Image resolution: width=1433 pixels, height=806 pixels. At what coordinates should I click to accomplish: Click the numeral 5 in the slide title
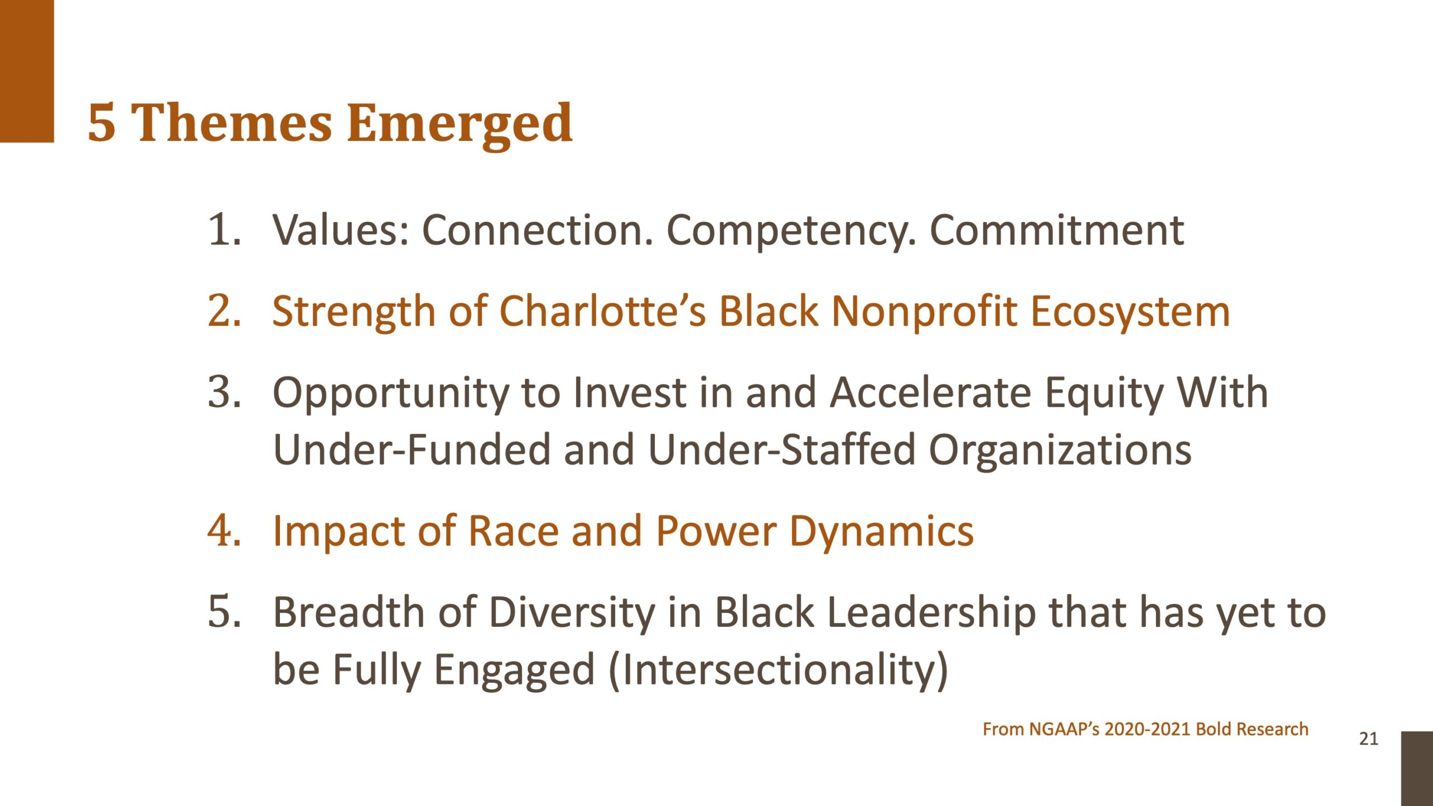(102, 123)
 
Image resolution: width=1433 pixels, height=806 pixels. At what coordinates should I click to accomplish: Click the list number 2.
(224, 311)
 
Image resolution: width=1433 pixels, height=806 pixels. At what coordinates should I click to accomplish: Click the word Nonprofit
(924, 312)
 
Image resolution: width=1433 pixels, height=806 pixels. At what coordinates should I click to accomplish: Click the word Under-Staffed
(781, 449)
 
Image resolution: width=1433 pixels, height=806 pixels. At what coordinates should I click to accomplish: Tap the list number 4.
(224, 530)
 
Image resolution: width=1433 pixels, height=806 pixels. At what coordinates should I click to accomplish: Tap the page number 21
(1369, 739)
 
